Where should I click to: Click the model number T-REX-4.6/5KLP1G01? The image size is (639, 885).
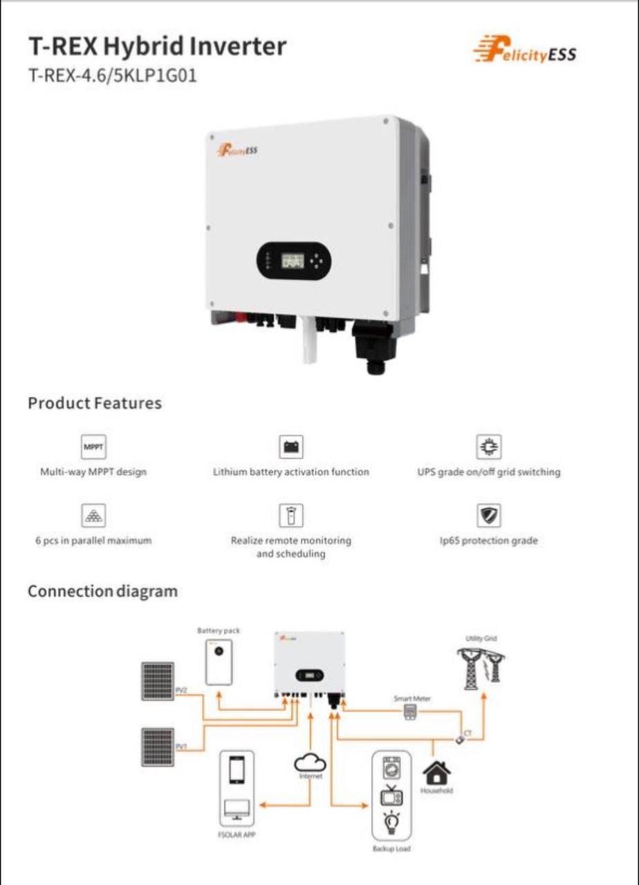112,75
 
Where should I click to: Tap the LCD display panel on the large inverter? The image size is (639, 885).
292,261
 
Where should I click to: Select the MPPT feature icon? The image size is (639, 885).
93,447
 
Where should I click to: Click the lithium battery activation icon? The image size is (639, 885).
291,447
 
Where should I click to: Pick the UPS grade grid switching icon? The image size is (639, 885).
490,447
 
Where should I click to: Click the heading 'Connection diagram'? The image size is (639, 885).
102,592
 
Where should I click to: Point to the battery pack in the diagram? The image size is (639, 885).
219,662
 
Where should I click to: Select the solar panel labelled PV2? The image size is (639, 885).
158,682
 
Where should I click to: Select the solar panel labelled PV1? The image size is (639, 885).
158,747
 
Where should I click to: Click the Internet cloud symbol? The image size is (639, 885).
311,764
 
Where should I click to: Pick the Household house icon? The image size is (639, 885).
436,772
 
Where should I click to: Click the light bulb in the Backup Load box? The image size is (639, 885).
391,823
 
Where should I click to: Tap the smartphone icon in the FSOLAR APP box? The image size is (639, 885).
237,770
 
